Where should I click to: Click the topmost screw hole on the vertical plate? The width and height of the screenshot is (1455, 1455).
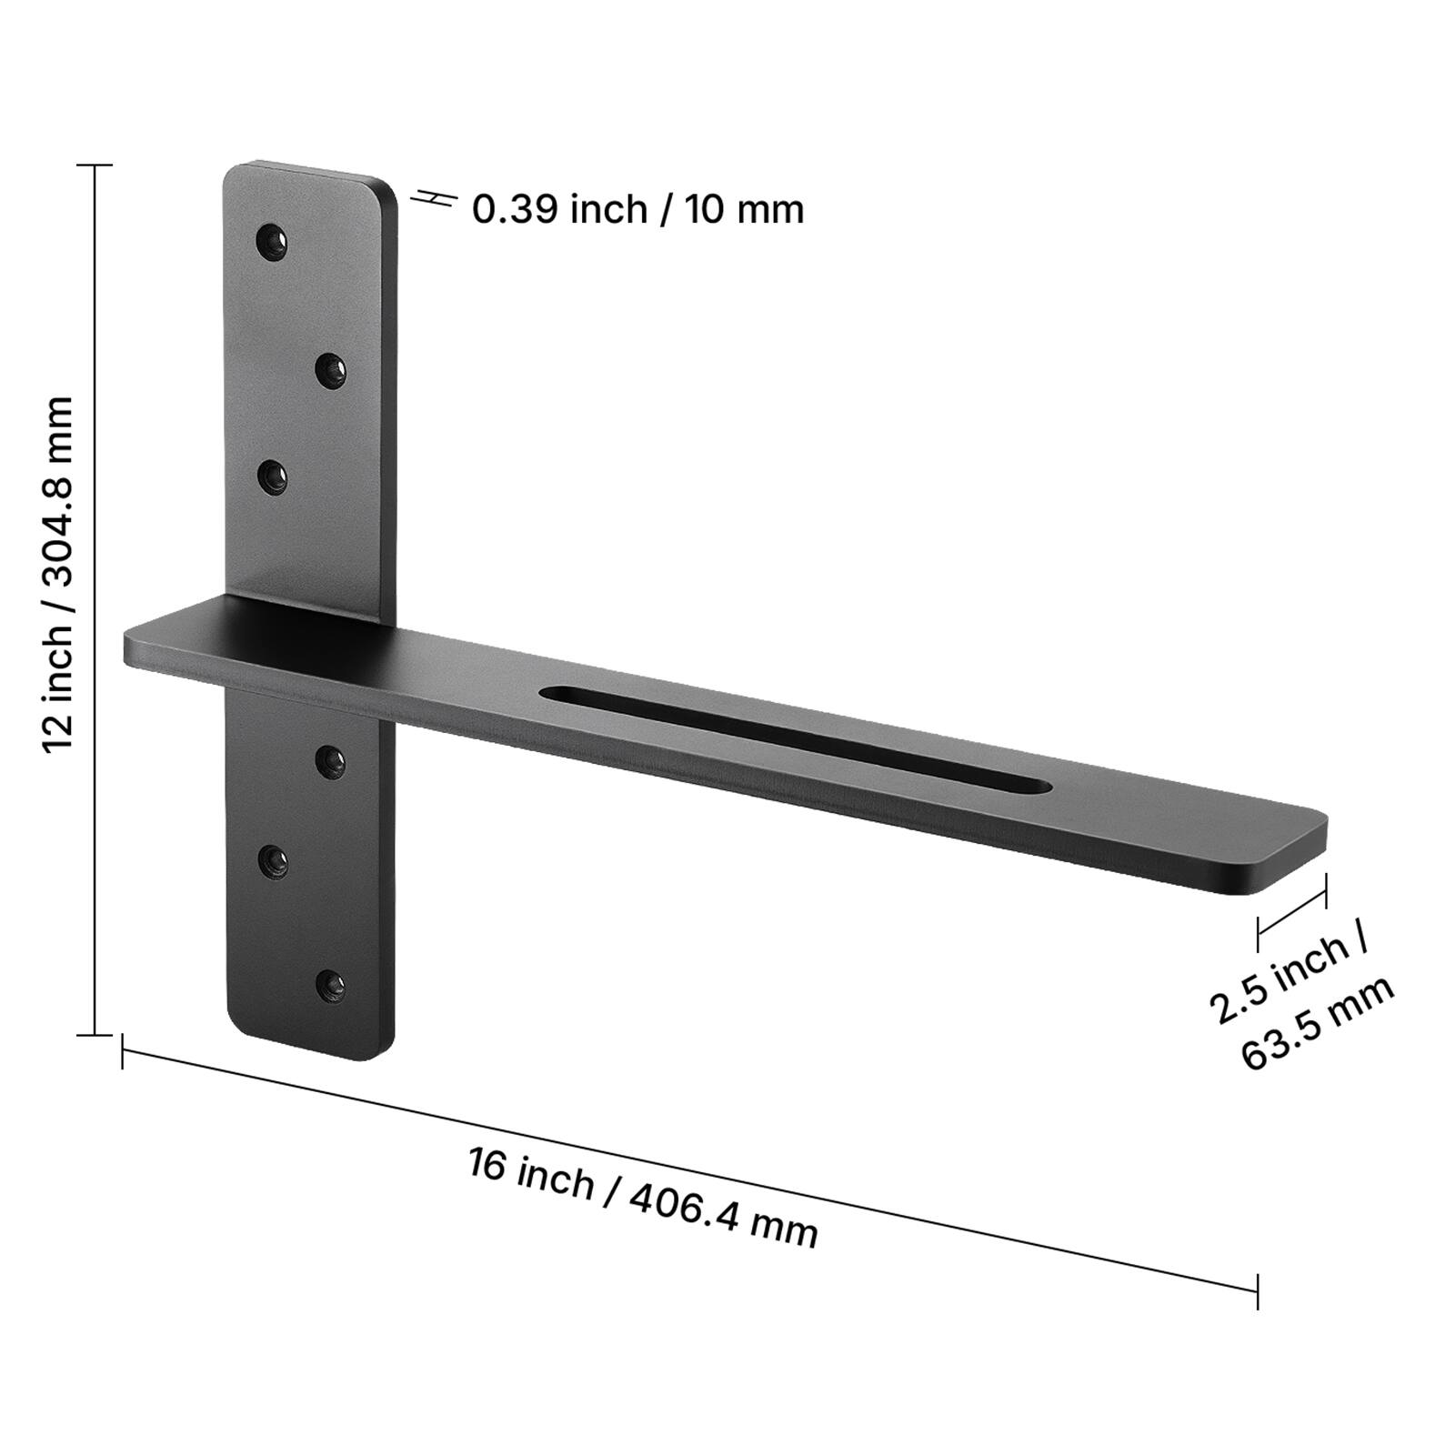click(272, 242)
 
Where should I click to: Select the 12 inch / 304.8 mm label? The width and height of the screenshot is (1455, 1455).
click(58, 573)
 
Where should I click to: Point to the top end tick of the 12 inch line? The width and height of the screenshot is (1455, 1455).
click(94, 166)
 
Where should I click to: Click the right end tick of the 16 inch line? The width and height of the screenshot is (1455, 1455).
click(1258, 1290)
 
